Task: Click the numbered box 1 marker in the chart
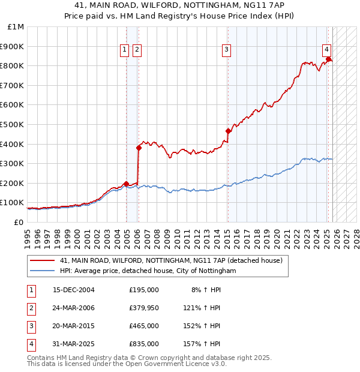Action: tap(124, 50)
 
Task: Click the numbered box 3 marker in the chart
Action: tap(227, 50)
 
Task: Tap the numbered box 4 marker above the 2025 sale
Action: tap(326, 50)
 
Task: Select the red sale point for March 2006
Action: tap(139, 147)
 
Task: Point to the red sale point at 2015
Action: tap(228, 131)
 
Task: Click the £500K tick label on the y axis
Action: tap(12, 124)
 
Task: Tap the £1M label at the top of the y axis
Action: tap(16, 27)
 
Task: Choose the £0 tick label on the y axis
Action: tap(19, 222)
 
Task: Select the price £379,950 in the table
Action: tap(143, 308)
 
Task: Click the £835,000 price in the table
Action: tap(143, 344)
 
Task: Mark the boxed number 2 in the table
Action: tap(30, 308)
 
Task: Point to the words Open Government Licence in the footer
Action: tap(170, 364)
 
